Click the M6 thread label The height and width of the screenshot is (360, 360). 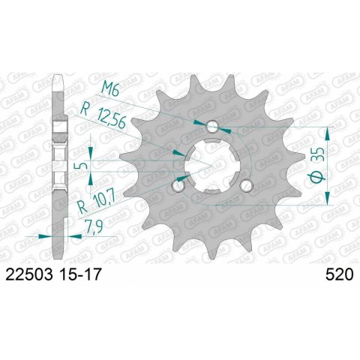(x=110, y=89)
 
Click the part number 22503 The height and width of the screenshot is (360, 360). (x=29, y=274)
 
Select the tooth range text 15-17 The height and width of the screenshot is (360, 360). (x=80, y=274)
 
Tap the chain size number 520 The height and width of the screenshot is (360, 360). (x=340, y=274)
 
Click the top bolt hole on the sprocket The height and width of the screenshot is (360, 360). (x=212, y=127)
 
